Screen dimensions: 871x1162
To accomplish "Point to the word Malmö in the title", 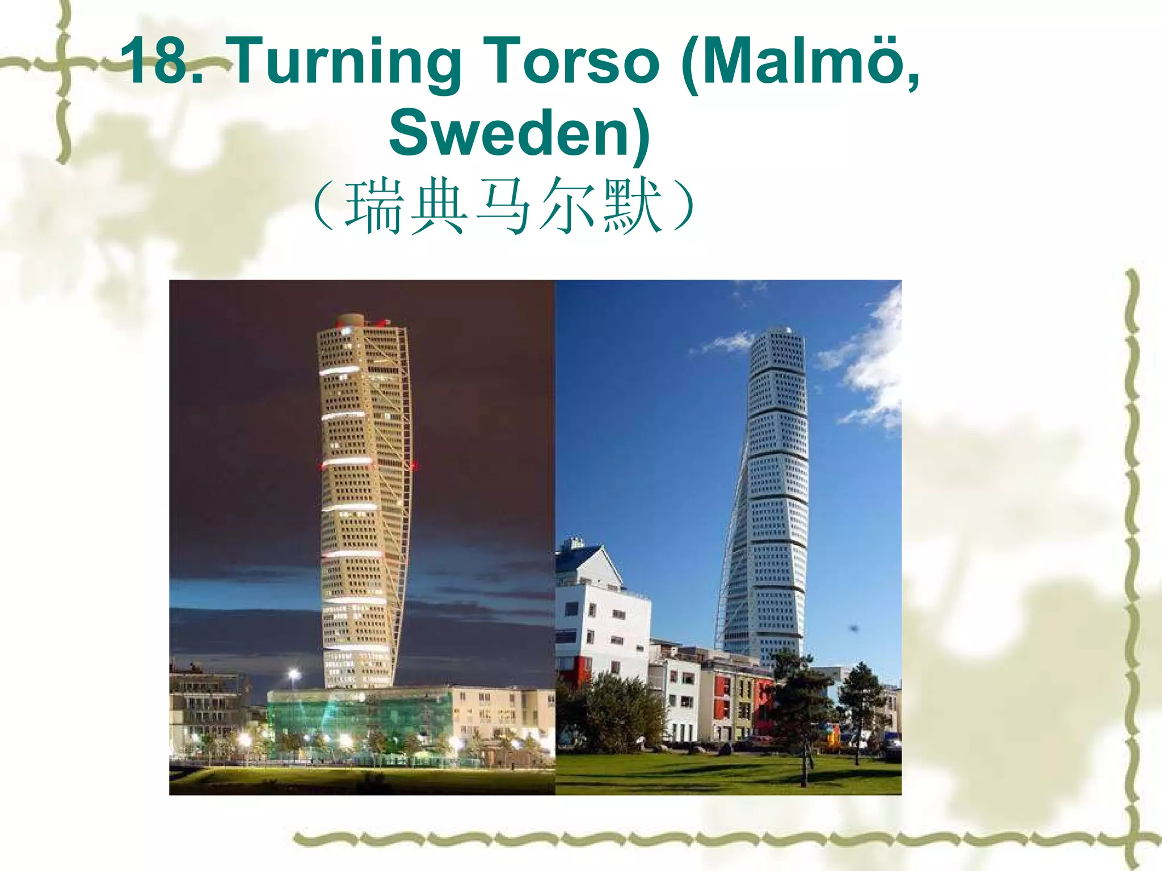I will point(794,61).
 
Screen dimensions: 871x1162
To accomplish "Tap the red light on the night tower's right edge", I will point(415,466).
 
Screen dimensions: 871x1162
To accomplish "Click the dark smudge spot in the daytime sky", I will point(853,628).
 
